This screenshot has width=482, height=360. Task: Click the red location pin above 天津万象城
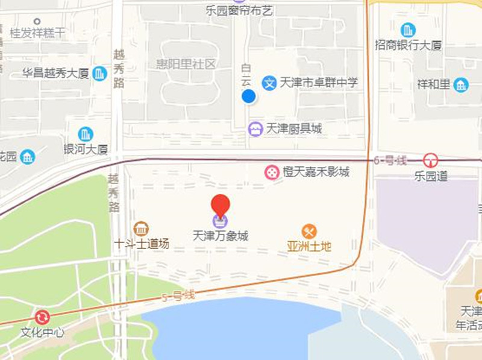coord(221,206)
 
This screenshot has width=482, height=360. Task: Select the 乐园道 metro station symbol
coord(430,160)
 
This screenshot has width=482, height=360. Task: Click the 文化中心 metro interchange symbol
coord(42,317)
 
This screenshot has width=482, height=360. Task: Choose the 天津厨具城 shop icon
coord(255,128)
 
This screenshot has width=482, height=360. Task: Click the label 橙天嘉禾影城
coord(316,172)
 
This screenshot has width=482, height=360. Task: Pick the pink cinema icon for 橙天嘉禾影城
coord(272,172)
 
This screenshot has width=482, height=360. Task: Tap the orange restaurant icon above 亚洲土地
coord(310,231)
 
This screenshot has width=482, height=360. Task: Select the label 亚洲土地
coord(310,246)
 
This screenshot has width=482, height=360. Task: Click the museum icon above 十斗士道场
coord(141,229)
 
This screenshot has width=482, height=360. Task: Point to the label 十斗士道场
coord(142,244)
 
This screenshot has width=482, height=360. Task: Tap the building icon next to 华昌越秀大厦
coord(100,74)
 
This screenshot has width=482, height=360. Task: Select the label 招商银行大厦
coord(408,45)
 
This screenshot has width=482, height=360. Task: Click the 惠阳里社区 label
coord(186,65)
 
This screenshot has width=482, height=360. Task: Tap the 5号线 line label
coord(178,295)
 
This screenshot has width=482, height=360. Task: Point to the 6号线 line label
coord(390,160)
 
